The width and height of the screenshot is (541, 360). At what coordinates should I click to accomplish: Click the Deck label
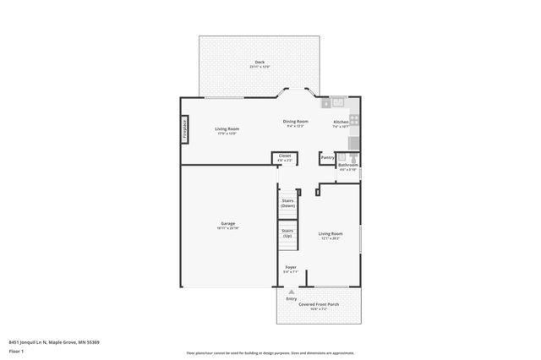260,63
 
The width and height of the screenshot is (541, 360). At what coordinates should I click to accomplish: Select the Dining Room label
295,122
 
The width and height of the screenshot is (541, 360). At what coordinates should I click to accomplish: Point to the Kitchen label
341,123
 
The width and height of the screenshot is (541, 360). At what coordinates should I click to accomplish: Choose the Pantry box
327,158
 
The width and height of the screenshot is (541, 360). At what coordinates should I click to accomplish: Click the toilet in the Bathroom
352,157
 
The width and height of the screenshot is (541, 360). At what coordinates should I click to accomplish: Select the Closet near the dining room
285,157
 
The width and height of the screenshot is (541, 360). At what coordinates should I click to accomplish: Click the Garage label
228,224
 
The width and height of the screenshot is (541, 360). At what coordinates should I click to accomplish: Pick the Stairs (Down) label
287,203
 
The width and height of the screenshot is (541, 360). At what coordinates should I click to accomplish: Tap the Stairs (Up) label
287,232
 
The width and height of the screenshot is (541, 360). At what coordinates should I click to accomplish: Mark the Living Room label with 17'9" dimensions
227,130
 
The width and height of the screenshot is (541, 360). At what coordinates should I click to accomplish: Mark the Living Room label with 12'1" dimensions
331,235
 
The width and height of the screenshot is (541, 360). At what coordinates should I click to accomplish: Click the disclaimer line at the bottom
270,352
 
